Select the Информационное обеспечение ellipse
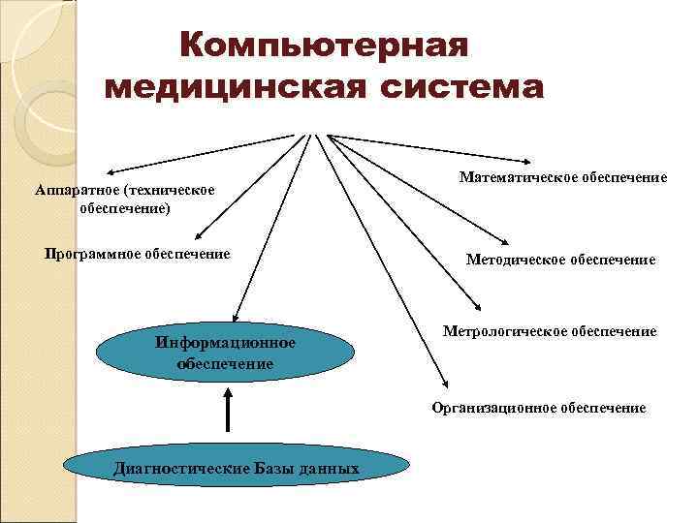(226, 353)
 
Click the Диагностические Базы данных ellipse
(237, 469)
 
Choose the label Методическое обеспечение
(560, 260)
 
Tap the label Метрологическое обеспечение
(550, 331)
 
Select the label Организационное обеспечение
(539, 408)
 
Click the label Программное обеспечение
(138, 254)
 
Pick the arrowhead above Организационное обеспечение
(442, 383)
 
